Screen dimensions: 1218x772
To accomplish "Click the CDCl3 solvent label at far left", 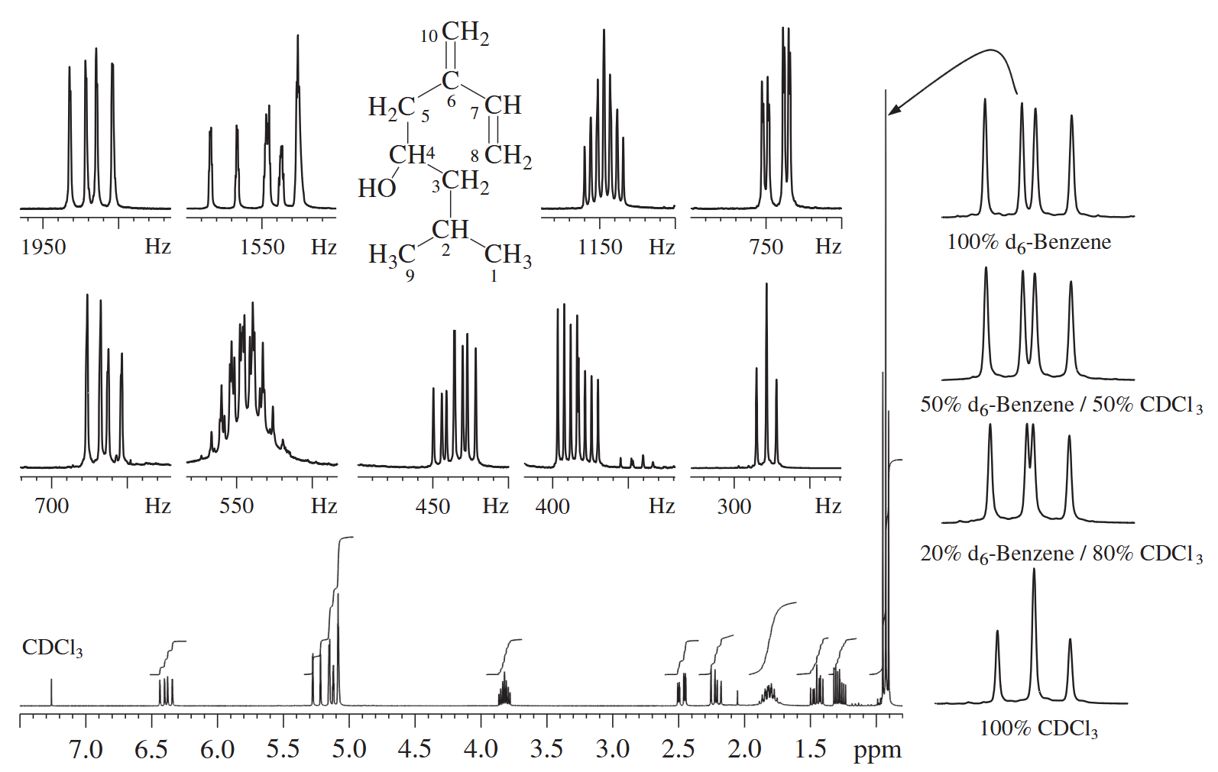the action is coord(52,648).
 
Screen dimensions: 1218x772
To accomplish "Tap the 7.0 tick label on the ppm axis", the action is coord(86,751).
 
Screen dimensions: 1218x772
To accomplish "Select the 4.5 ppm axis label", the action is coord(415,751).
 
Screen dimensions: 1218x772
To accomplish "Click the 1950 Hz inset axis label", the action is coord(44,247).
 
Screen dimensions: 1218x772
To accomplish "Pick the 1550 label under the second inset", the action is coord(263,247).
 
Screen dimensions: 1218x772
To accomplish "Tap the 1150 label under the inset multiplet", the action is coord(600,247).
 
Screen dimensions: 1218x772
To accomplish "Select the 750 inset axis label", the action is coord(766,247).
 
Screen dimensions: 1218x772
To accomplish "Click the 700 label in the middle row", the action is coord(52,506).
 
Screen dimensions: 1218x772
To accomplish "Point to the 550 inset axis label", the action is coord(237,506).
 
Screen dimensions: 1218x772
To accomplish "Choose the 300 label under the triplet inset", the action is coord(734,506).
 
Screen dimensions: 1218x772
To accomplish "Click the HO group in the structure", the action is coord(377,189).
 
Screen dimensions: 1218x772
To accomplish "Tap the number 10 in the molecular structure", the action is coord(429,37).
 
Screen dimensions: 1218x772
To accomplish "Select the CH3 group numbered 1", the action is coord(508,256).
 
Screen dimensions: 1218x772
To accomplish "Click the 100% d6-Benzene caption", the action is coord(1028,242).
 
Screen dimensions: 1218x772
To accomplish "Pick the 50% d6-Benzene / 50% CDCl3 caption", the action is coord(1061,405).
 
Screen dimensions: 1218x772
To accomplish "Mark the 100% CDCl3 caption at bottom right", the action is coord(1038,728).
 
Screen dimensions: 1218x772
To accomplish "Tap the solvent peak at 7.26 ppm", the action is coord(52,692).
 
